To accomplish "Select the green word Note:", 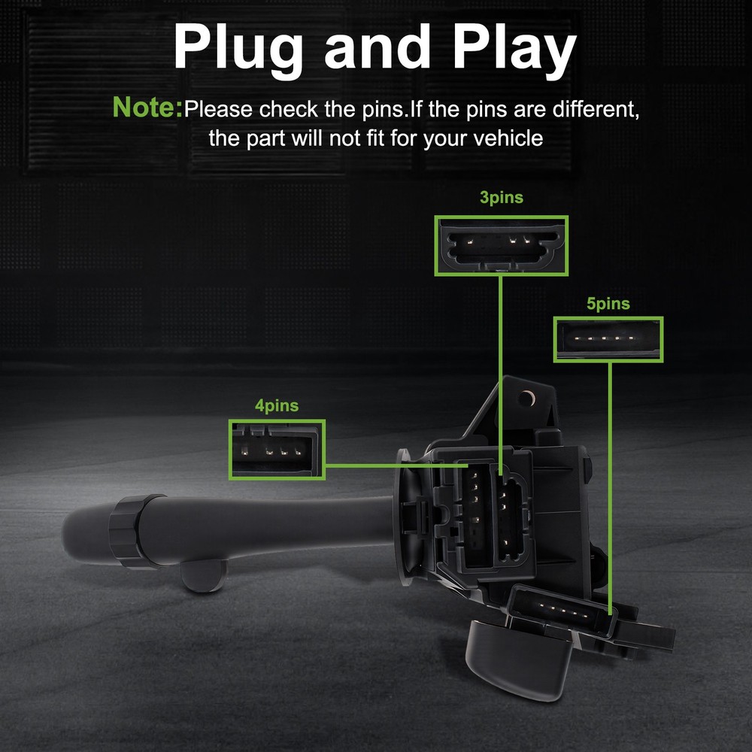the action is click(x=147, y=107).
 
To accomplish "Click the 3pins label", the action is click(x=501, y=198).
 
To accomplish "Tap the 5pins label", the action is click(x=608, y=304).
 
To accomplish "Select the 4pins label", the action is click(x=277, y=406).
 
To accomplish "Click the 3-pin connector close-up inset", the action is click(x=501, y=246).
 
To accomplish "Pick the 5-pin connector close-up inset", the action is click(x=608, y=339).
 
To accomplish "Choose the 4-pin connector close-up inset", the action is click(x=277, y=450).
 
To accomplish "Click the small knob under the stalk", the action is click(x=203, y=575).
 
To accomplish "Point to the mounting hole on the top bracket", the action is click(x=527, y=398).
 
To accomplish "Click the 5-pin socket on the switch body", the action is click(x=562, y=610).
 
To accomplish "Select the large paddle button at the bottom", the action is click(x=519, y=659).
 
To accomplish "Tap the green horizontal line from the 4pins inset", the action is click(x=396, y=465).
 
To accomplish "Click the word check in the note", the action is click(x=288, y=109).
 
